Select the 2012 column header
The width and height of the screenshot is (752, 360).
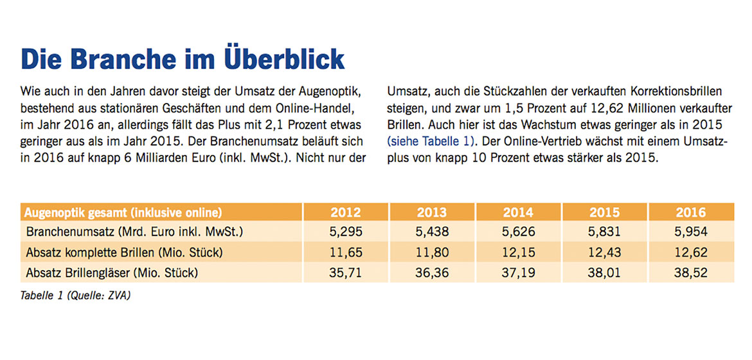coord(345,213)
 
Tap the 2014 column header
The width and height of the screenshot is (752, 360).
coord(518,213)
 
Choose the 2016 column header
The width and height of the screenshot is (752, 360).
coord(690,213)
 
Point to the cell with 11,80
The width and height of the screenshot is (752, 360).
coord(431,252)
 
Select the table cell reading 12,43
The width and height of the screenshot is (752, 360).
coord(604,252)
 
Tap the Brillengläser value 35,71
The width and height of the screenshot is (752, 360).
coord(345,273)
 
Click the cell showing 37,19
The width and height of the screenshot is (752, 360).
coord(518,273)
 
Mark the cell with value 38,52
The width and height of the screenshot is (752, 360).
coord(690,273)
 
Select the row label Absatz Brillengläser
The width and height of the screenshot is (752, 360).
coord(112,273)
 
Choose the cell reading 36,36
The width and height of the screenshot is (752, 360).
coord(431,273)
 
